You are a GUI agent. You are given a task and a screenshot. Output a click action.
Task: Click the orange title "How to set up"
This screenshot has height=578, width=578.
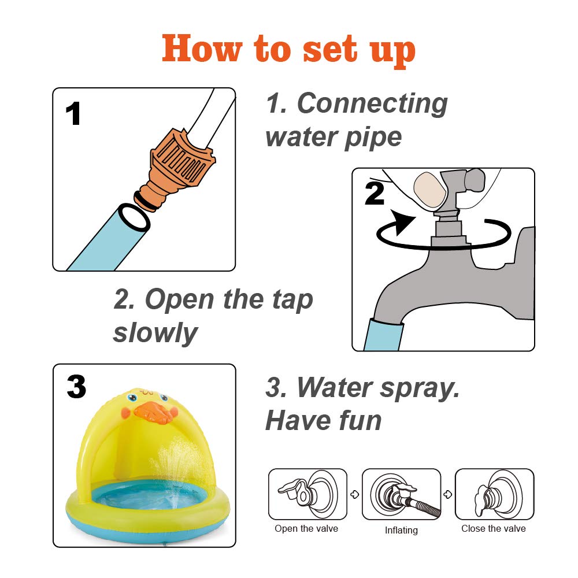pos(288,50)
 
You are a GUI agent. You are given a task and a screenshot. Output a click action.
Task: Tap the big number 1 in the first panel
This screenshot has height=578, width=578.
pos(73,113)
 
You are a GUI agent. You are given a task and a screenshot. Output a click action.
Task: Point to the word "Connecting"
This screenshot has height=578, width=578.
pos(372,104)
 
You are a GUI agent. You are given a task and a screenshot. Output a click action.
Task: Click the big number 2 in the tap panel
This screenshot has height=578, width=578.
pos(375,194)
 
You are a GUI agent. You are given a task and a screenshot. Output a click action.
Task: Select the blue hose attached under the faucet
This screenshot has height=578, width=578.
pos(383,334)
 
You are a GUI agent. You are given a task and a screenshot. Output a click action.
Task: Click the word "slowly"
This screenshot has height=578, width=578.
pos(155,333)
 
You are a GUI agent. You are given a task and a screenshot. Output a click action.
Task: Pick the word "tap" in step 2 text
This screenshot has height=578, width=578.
pos(292,300)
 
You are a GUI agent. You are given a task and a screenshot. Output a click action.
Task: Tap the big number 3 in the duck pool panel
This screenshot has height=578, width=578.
pos(76,387)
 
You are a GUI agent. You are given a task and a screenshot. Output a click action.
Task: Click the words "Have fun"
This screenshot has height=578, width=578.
pos(323,421)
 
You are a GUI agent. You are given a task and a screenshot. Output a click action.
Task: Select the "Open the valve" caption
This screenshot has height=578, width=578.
pos(306,529)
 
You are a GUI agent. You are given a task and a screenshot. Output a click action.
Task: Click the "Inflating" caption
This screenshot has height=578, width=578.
pos(401,530)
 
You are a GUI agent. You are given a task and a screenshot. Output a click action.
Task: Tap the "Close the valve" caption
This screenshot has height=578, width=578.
pos(494,529)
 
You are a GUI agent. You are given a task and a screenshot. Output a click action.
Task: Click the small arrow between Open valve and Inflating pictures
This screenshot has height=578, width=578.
pos(355,494)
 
